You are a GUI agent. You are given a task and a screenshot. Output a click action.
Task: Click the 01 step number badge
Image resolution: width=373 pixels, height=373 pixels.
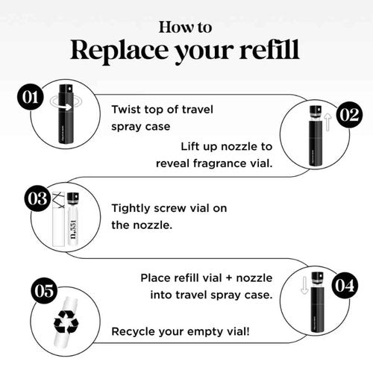click(x=31, y=97)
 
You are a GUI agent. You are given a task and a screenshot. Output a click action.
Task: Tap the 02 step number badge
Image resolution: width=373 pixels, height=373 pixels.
click(x=349, y=115)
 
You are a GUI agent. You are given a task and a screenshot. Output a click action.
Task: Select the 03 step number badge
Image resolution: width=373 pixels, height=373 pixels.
click(x=37, y=198)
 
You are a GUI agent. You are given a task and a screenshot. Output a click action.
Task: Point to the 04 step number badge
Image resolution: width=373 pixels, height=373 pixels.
click(x=345, y=286)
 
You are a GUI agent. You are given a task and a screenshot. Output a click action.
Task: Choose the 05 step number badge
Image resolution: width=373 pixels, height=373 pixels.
click(x=44, y=290)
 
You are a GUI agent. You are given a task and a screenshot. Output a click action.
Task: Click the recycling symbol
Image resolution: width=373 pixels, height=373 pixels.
click(x=66, y=322)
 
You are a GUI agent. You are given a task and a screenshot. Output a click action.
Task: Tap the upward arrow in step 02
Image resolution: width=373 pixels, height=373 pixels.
click(x=328, y=122)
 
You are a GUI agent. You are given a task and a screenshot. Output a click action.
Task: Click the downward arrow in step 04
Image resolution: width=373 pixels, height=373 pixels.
click(x=304, y=285)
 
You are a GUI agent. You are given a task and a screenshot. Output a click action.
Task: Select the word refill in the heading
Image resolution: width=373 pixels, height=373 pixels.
click(x=269, y=49)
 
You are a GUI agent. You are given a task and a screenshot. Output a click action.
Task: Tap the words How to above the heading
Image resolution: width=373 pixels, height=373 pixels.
click(x=186, y=28)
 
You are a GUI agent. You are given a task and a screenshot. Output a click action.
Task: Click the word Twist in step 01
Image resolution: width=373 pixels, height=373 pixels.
click(x=126, y=110)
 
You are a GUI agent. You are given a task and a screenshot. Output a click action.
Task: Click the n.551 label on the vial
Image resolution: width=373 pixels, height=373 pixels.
click(x=74, y=230)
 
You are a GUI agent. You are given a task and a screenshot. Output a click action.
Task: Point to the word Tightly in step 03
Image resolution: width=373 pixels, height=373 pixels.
click(x=131, y=209)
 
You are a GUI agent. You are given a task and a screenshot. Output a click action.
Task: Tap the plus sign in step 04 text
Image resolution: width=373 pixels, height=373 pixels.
click(x=229, y=278)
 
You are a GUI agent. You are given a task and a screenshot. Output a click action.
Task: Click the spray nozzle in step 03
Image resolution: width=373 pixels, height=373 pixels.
click(x=73, y=198)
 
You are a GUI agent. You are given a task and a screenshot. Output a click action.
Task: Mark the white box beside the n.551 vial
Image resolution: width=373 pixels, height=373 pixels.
click(x=59, y=219)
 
